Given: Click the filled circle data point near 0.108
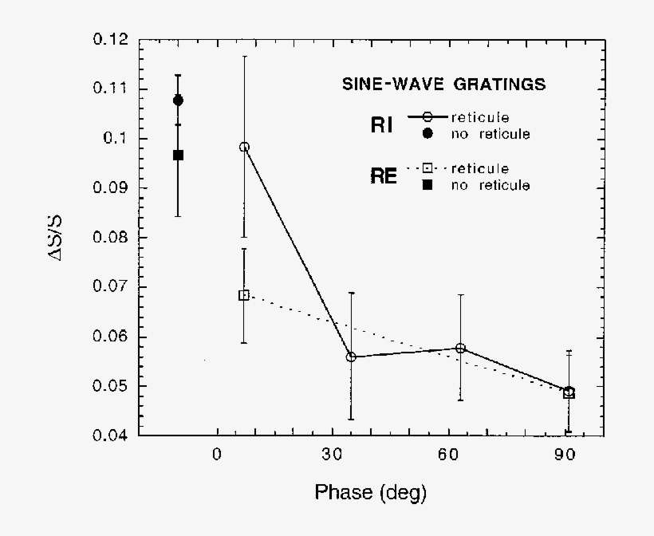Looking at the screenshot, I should tap(178, 100).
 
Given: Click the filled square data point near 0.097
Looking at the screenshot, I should tap(178, 155).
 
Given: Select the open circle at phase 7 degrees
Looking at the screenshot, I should tap(244, 147).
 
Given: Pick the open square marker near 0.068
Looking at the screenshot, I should tap(244, 295).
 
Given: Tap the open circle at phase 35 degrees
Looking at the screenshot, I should tap(351, 357).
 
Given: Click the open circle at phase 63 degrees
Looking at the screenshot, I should tap(460, 348).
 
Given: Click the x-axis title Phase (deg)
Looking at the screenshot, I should tap(370, 492).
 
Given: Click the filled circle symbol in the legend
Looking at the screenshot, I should tap(427, 134).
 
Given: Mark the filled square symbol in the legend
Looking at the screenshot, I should tap(427, 185).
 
